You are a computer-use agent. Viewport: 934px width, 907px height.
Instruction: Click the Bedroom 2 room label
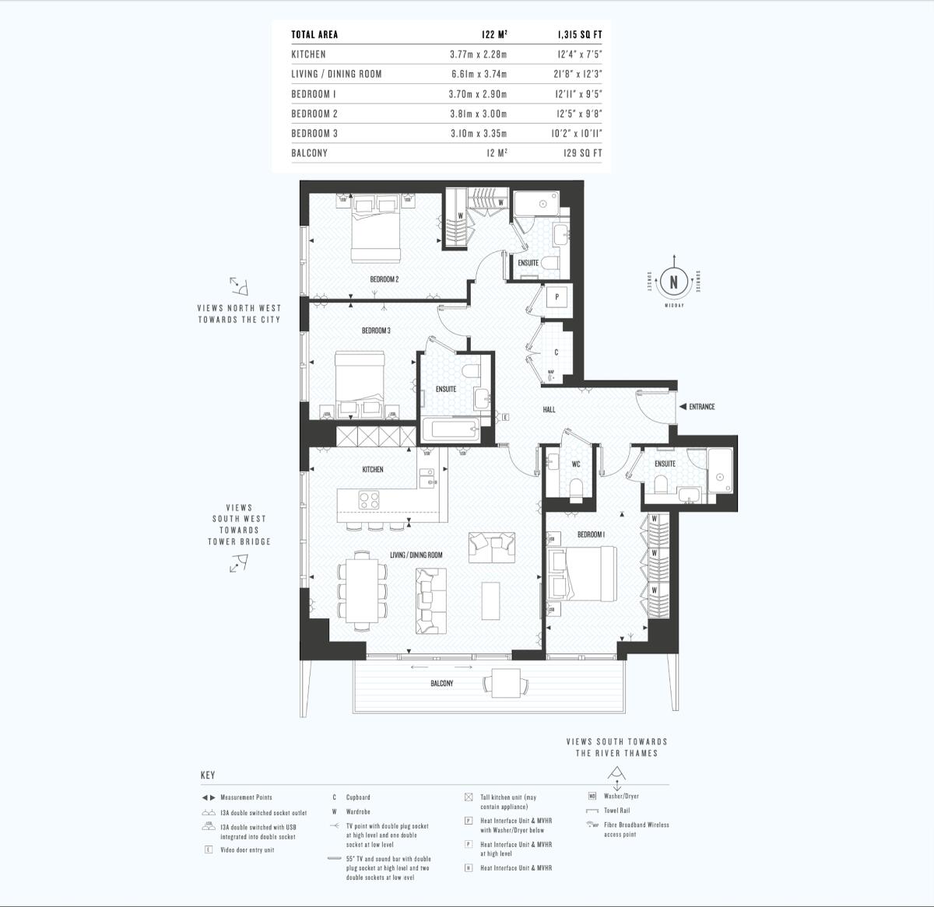point(384,279)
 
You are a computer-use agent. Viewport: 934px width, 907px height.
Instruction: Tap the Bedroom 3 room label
point(376,331)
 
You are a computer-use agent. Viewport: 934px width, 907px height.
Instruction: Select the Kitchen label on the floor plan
point(373,470)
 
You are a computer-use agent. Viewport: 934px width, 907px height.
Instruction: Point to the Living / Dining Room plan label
point(416,555)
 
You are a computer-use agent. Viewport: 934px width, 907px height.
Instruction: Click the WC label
point(576,464)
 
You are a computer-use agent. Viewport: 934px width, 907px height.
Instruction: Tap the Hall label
point(549,409)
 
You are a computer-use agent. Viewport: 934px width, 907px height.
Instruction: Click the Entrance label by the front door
point(701,407)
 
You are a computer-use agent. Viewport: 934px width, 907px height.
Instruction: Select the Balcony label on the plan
point(441,684)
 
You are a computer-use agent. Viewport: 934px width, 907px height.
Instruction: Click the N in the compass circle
point(673,282)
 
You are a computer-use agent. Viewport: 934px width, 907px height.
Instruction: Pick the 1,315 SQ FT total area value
point(579,35)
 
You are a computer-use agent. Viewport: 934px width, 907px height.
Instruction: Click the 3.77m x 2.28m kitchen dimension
point(478,54)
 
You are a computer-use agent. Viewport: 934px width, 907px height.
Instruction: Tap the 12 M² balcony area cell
point(497,153)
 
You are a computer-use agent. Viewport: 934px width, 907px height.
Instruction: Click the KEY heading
point(208,776)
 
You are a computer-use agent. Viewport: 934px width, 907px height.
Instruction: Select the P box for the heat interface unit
point(557,297)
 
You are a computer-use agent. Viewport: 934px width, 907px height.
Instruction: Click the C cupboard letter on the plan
point(556,352)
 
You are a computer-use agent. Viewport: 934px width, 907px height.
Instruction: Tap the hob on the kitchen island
point(368,499)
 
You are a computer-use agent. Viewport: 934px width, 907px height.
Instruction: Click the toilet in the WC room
point(577,487)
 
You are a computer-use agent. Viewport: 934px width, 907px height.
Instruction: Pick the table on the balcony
point(506,683)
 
